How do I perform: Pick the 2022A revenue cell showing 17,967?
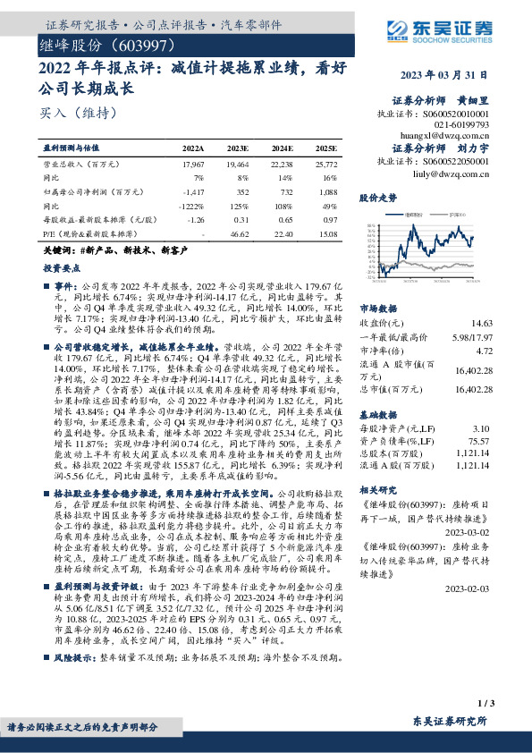[x=193, y=165]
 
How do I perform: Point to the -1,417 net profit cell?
[x=193, y=190]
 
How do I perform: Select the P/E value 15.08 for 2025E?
[x=328, y=233]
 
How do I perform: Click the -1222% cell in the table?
[x=191, y=205]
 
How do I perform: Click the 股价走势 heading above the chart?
[x=376, y=196]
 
